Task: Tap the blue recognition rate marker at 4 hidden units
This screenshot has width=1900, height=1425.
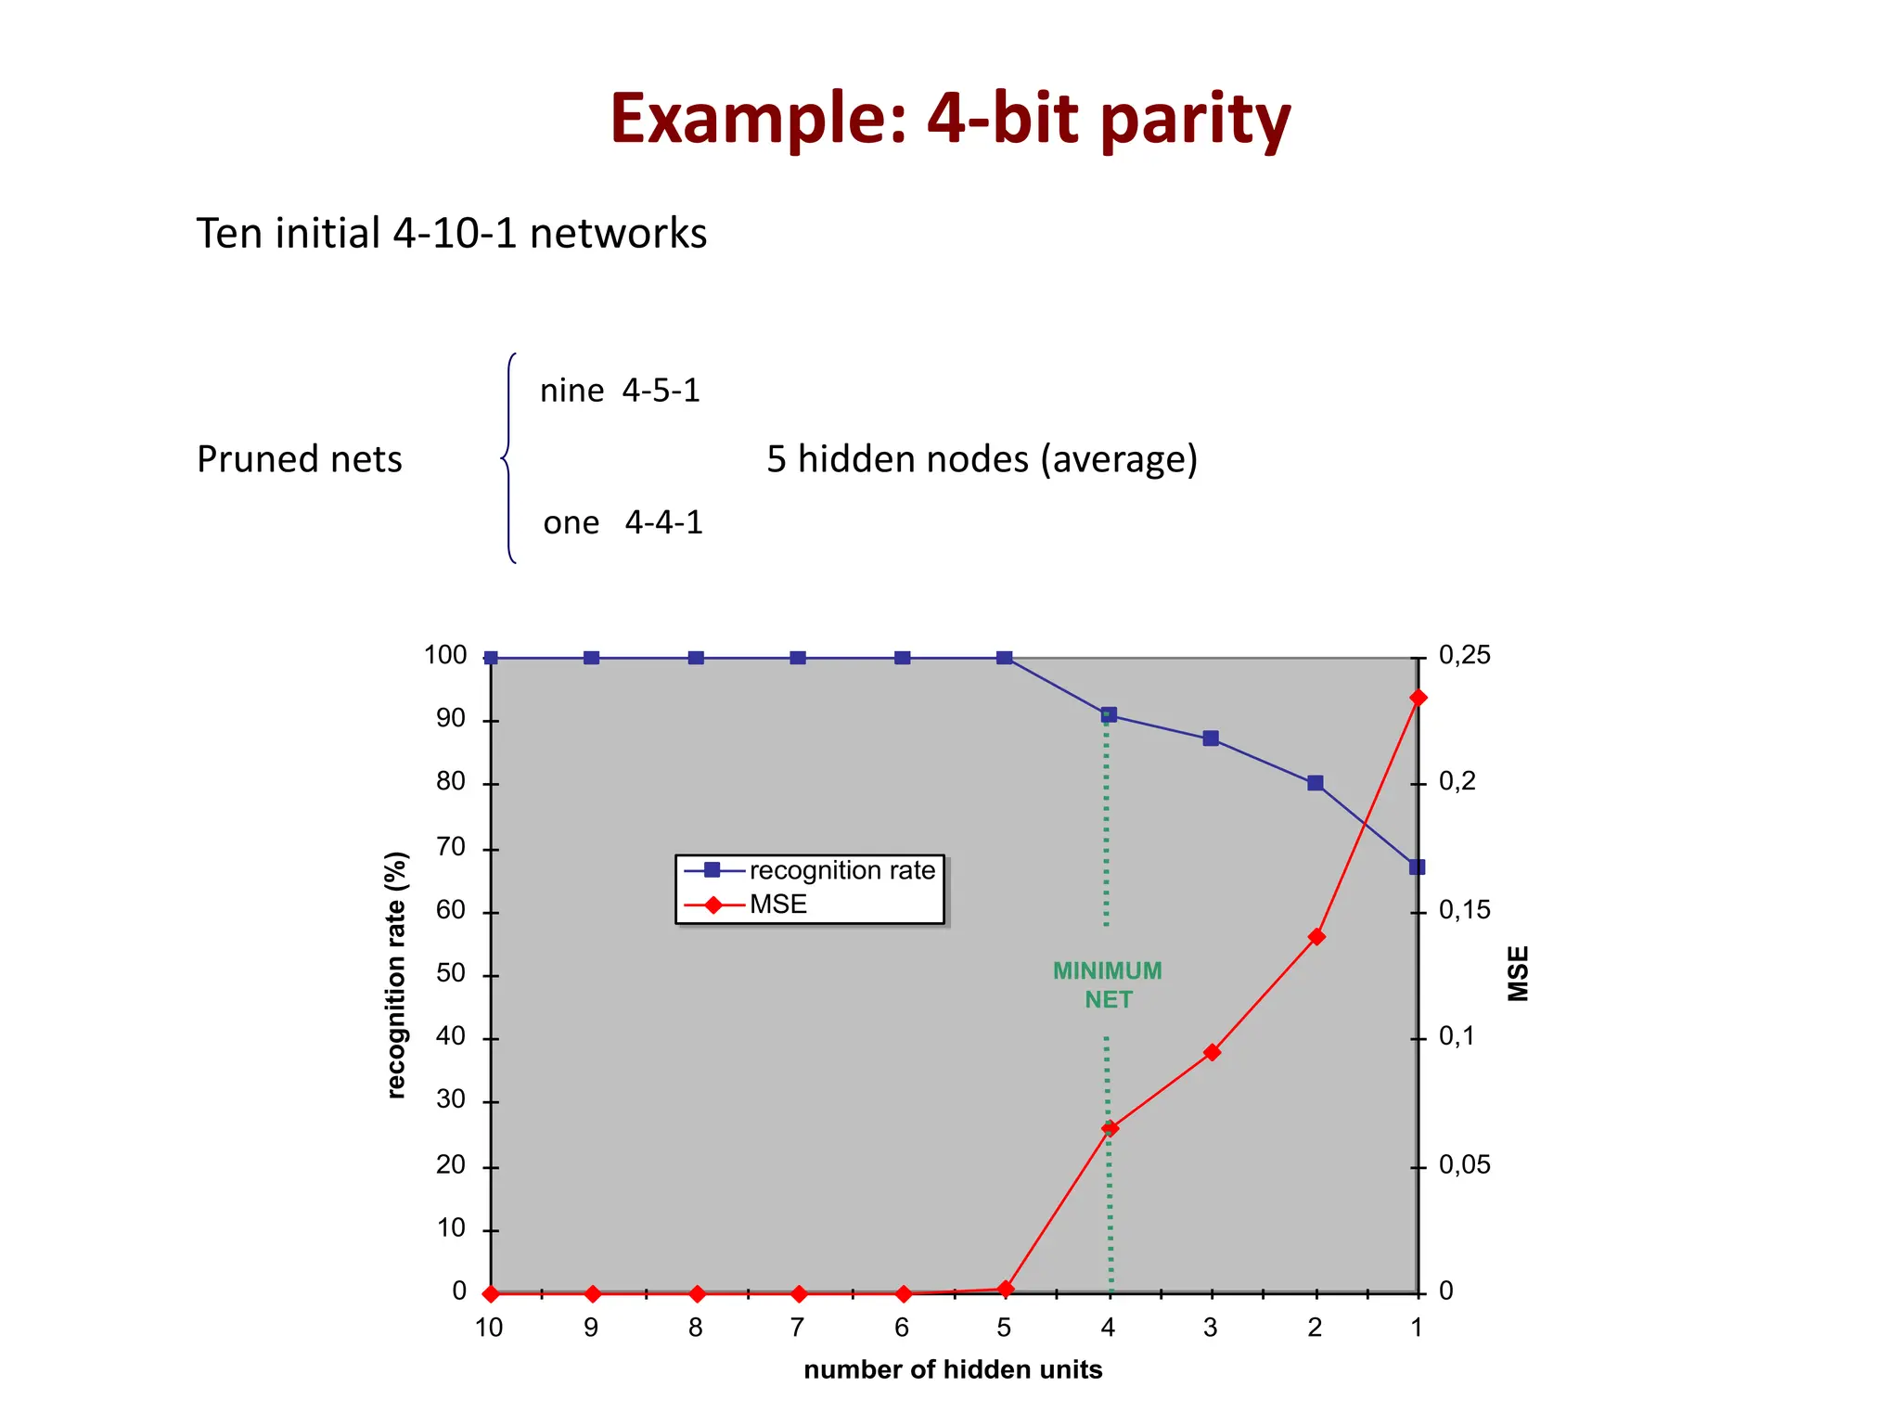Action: tap(1108, 715)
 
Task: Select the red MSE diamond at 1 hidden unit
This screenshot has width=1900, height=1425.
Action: tap(1418, 698)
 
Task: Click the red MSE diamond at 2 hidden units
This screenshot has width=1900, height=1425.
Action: tap(1316, 937)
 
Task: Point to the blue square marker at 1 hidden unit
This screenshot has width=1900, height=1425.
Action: tap(1417, 867)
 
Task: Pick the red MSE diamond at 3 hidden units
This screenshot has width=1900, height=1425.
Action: tap(1211, 1052)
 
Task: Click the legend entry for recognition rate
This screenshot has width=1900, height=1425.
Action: tap(841, 870)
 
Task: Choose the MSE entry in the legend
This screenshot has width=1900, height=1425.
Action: tap(777, 905)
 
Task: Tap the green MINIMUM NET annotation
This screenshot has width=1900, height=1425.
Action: tap(1108, 985)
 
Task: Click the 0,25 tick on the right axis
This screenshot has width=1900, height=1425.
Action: tap(1464, 656)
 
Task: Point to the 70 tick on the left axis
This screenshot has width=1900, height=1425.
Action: tap(451, 847)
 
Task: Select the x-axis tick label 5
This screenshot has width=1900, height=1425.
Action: tap(1004, 1329)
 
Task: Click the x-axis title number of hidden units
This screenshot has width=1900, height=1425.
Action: tap(953, 1370)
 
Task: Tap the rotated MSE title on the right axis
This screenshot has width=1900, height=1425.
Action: tap(1518, 973)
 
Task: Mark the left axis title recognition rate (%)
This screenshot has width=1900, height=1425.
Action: tap(396, 974)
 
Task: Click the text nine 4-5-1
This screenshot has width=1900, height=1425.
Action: tap(620, 391)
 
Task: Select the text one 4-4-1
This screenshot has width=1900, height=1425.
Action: tap(623, 523)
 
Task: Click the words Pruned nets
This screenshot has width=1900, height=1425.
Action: tap(299, 459)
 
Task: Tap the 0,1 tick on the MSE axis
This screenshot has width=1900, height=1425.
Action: tap(1456, 1037)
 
